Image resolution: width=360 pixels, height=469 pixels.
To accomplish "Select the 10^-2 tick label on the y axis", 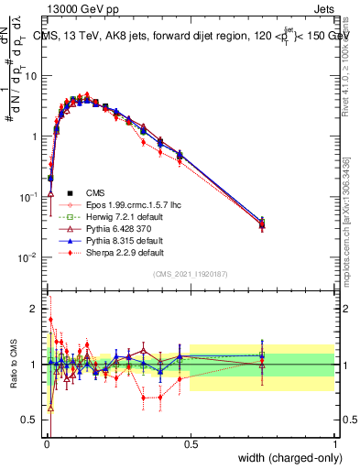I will click(x=28, y=256).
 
